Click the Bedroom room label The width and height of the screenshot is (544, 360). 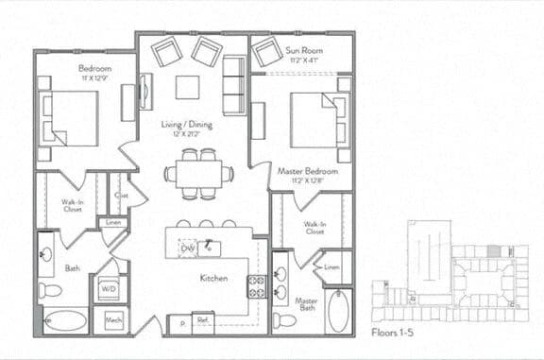point(94,69)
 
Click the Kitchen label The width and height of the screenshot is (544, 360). point(212,279)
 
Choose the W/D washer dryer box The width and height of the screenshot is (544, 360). point(109,288)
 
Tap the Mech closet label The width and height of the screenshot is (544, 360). point(113,320)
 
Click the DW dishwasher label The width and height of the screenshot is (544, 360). point(188,248)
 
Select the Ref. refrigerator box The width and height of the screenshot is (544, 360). point(202,321)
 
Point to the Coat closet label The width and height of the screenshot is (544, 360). point(121,196)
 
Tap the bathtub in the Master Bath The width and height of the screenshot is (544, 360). point(337,311)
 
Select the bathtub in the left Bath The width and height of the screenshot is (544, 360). point(65,320)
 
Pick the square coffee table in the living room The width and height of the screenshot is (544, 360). point(187,87)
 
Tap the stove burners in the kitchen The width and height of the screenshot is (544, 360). point(256,286)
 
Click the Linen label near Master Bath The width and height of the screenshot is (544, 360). point(331,267)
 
